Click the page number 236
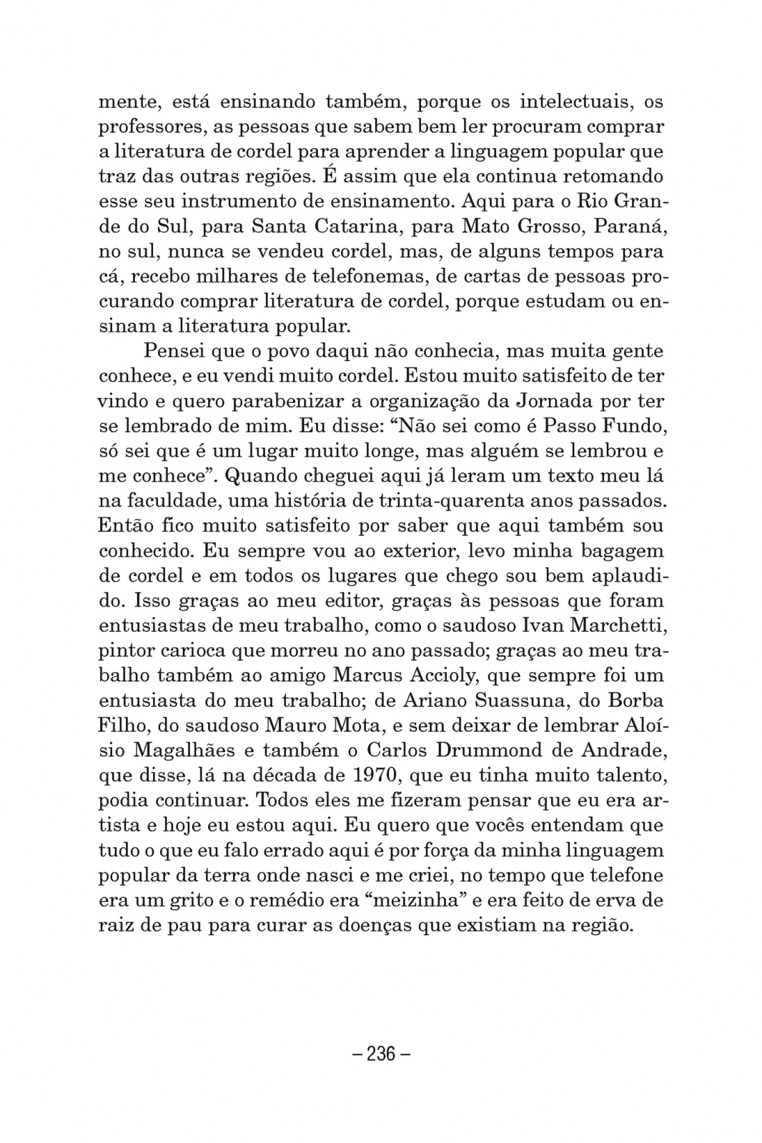pos(381,1053)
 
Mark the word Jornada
pos(555,401)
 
